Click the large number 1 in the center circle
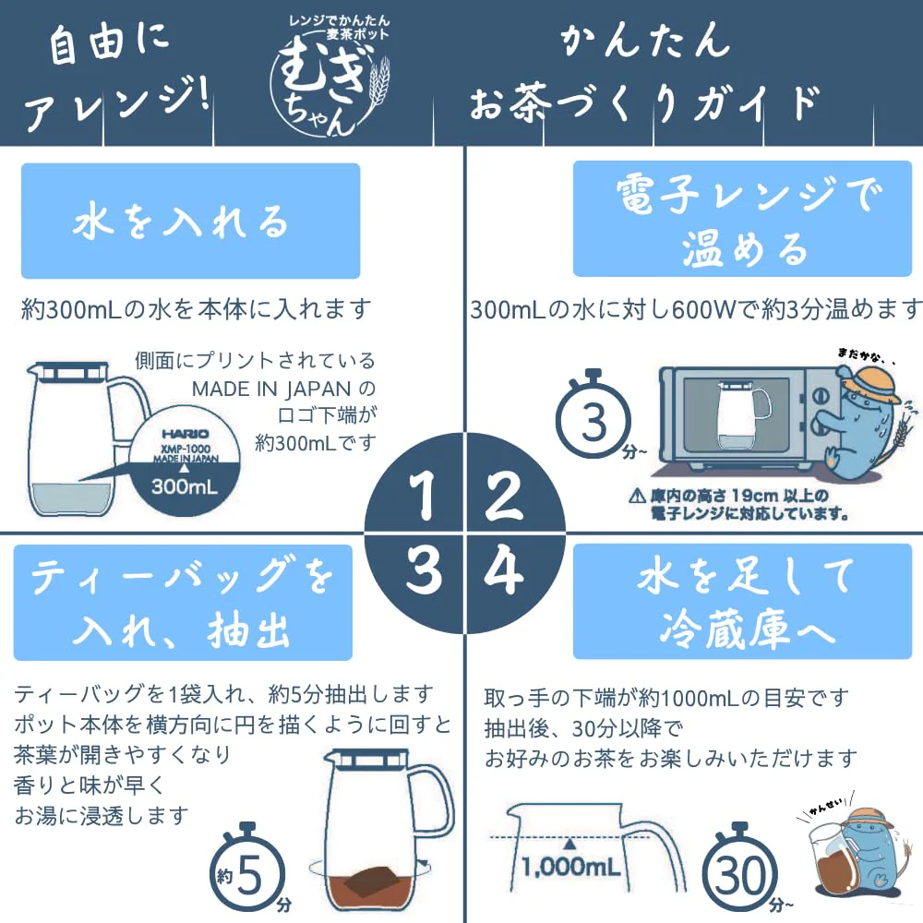point(424,496)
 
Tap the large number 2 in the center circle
point(504,496)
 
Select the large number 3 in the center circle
point(424,569)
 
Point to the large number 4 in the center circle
point(504,569)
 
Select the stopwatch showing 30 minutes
point(740,872)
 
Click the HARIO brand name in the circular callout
point(185,434)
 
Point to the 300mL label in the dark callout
point(185,486)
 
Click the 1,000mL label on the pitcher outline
point(570,867)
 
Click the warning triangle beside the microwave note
point(637,497)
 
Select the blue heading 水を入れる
point(191,221)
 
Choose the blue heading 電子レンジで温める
point(742,219)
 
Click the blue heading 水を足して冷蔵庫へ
point(742,602)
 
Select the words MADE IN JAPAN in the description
point(271,390)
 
